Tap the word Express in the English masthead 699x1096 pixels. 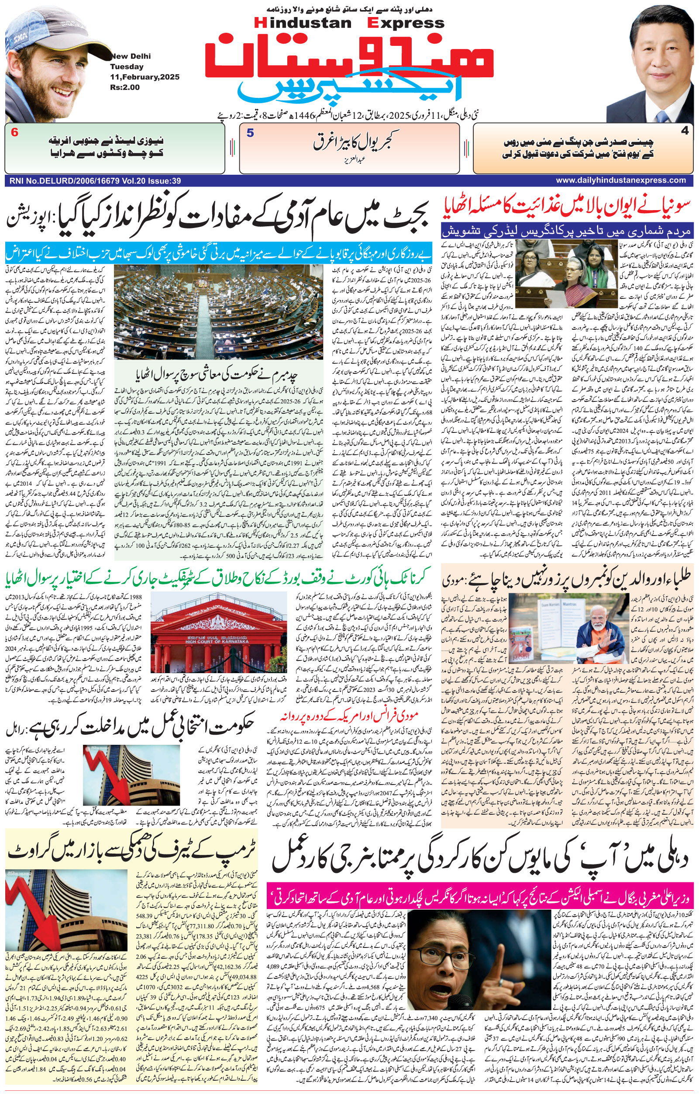tap(406, 23)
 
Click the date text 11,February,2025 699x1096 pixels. tap(145, 77)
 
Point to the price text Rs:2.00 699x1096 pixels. tap(124, 87)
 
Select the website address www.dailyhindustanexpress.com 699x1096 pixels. tap(620, 180)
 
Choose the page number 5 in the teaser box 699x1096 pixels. tap(250, 133)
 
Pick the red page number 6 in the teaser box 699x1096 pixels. tap(14, 133)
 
